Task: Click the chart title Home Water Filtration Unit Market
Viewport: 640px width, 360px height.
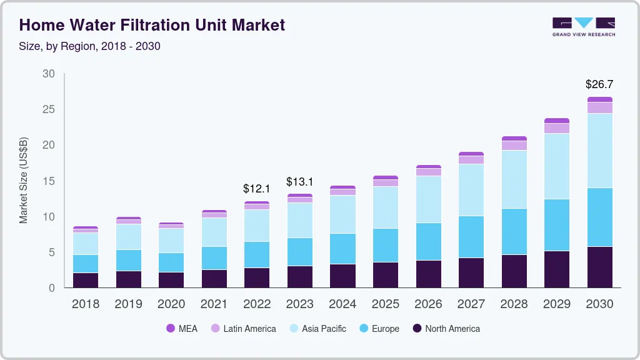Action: click(152, 25)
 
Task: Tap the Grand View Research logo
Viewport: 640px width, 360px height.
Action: click(584, 26)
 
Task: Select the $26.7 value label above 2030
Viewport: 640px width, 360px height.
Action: click(599, 84)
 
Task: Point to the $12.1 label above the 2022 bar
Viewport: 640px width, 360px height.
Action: click(257, 188)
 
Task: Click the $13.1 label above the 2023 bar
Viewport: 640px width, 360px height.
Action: click(300, 182)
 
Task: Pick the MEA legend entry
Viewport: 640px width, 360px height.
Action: click(182, 328)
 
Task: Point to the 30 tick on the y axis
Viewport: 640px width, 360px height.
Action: click(49, 74)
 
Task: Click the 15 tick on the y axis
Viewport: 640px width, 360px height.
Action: click(49, 181)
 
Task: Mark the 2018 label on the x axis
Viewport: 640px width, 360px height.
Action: click(85, 304)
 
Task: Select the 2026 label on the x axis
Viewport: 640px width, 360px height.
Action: click(428, 304)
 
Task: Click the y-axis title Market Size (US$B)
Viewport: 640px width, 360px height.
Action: click(24, 181)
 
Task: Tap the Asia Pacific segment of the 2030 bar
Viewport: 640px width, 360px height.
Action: click(599, 151)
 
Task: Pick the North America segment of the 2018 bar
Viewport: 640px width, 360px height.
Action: click(85, 280)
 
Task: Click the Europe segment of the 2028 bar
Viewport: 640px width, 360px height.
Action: click(514, 231)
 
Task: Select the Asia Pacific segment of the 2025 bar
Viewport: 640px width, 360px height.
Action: click(385, 207)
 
